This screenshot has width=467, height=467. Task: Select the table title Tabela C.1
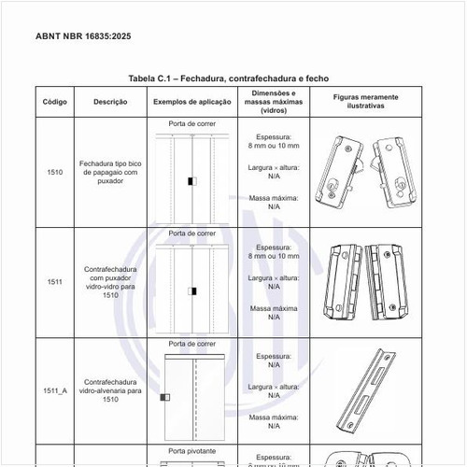point(229,78)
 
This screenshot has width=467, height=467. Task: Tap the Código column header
point(54,100)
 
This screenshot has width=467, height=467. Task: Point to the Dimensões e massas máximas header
point(274,100)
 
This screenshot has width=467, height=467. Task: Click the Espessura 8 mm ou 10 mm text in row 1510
point(274,141)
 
